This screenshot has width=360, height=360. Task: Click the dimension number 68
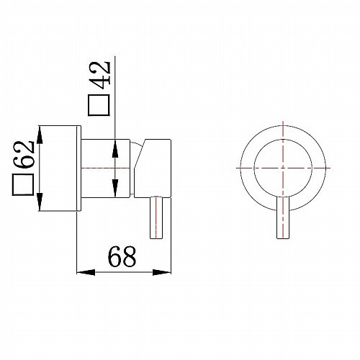pyautogui.click(x=122, y=256)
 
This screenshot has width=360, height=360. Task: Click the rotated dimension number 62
pyautogui.click(x=23, y=155)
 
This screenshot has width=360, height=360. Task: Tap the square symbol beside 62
pyautogui.click(x=23, y=184)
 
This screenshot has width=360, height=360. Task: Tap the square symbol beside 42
pyautogui.click(x=99, y=105)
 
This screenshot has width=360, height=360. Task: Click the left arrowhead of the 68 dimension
pyautogui.click(x=86, y=272)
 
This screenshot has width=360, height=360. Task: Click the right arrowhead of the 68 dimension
pyautogui.click(x=162, y=272)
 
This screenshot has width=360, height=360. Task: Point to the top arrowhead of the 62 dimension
pyautogui.click(x=40, y=135)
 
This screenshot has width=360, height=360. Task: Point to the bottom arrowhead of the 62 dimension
pyautogui.click(x=40, y=202)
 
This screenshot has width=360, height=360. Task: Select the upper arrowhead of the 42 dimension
pyautogui.click(x=115, y=148)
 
